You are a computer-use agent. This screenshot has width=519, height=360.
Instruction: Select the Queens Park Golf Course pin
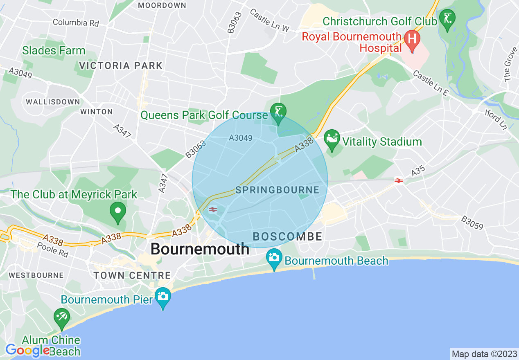click(x=278, y=113)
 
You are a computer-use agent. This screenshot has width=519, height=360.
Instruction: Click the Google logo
click(x=27, y=350)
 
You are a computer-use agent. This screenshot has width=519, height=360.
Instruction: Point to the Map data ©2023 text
click(x=484, y=353)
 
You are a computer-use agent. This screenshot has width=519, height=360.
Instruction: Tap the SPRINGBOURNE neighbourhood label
click(x=277, y=190)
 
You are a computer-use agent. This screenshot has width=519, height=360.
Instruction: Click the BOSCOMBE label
click(x=287, y=236)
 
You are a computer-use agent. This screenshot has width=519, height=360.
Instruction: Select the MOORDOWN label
click(x=162, y=5)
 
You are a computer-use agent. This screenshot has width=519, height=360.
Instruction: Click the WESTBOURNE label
click(x=36, y=275)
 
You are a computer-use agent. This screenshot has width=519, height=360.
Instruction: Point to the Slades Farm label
click(x=54, y=51)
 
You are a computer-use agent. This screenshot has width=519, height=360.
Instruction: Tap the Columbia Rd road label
click(x=76, y=22)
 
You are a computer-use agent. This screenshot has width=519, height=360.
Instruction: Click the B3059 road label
click(x=472, y=223)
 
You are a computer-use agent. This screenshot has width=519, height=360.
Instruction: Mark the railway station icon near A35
click(x=399, y=180)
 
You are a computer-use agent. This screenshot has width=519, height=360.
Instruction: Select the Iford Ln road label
click(x=496, y=119)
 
